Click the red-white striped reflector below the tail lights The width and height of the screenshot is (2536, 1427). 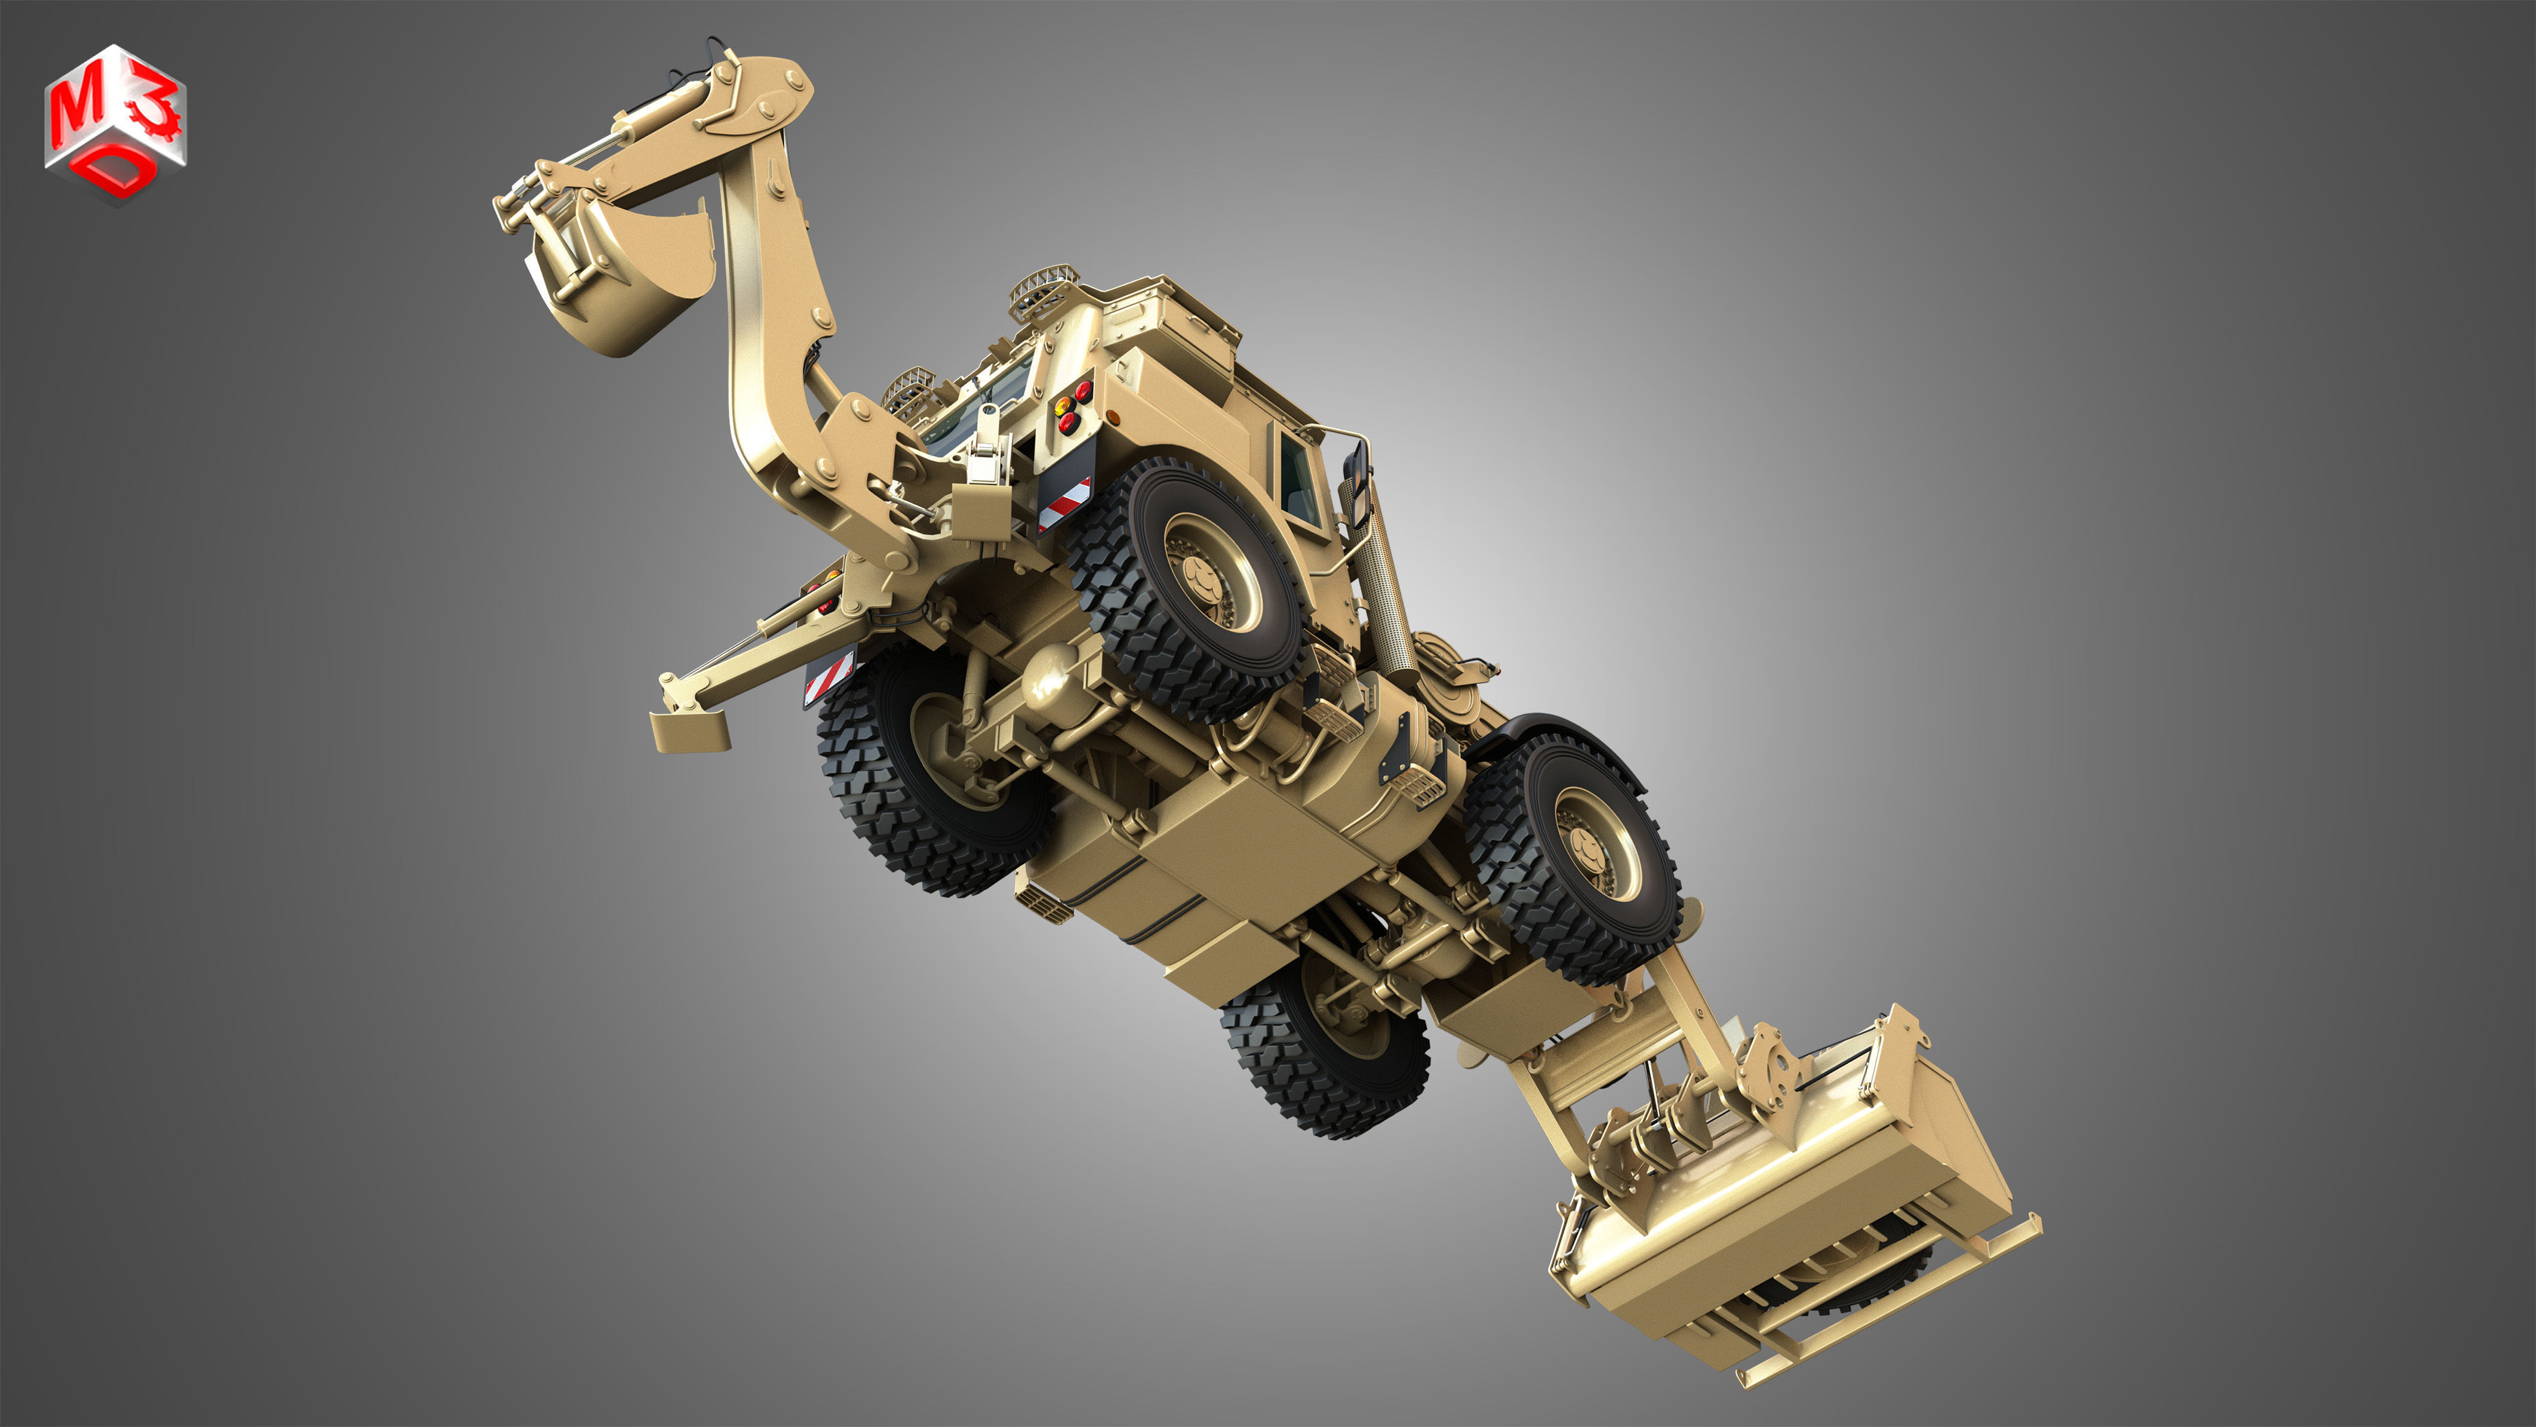(1064, 502)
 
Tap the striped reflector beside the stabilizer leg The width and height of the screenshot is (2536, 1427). (829, 677)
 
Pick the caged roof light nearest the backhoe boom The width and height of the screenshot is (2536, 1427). (910, 389)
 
